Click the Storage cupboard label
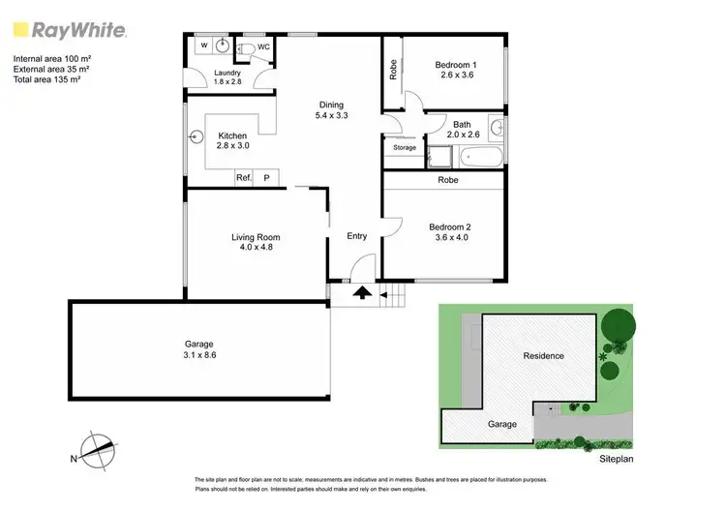[x=405, y=148]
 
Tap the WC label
[x=263, y=45]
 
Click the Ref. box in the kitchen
[x=244, y=178]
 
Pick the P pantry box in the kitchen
[x=267, y=178]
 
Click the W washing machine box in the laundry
[x=204, y=45]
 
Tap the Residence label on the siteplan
[x=543, y=355]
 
